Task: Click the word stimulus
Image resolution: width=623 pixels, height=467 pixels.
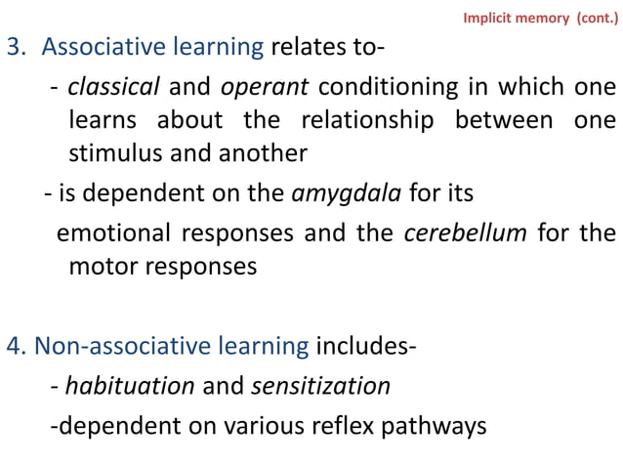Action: coord(109,154)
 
